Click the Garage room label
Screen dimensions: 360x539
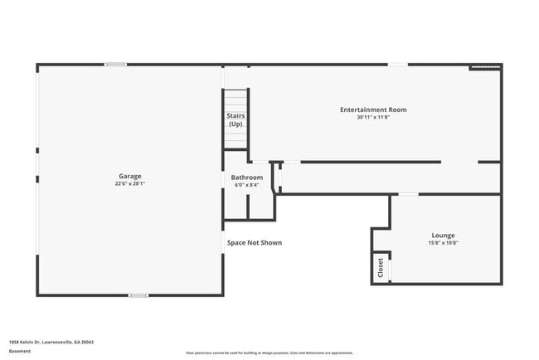(x=129, y=176)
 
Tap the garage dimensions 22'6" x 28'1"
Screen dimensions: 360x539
(x=129, y=184)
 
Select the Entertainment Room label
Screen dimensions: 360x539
(x=373, y=109)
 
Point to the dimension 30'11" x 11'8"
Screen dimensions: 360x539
(x=373, y=117)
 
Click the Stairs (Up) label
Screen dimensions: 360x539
(x=236, y=119)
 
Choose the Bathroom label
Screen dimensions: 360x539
(x=247, y=178)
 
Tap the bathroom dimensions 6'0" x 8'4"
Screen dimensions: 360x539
(x=247, y=185)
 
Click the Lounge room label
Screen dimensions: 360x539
(x=443, y=236)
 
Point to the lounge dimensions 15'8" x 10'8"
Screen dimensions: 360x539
(x=443, y=243)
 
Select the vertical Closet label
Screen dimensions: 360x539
(x=381, y=267)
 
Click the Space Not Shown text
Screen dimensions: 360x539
(x=255, y=243)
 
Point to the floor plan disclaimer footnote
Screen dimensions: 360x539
(x=269, y=352)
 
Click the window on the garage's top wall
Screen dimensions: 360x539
(x=116, y=64)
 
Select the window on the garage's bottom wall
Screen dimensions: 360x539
(x=138, y=294)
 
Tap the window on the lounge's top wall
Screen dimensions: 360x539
(x=408, y=194)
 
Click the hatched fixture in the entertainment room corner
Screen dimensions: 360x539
(x=486, y=67)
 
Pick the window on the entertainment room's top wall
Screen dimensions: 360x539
(x=398, y=64)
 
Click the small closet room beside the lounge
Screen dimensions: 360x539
(x=381, y=267)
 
